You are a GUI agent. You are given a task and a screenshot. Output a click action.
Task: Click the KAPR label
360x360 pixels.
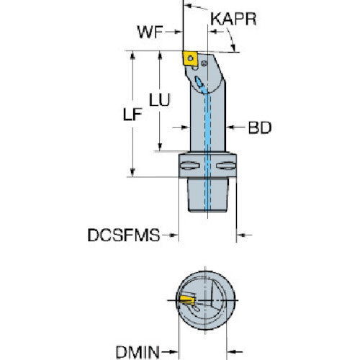click(233, 19)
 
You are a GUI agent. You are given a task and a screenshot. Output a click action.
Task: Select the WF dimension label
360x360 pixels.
click(150, 32)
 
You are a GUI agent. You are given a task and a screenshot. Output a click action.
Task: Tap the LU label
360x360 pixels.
click(160, 99)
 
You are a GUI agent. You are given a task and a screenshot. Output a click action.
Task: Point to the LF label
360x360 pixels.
click(132, 114)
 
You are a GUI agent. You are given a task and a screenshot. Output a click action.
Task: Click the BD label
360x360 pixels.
click(260, 127)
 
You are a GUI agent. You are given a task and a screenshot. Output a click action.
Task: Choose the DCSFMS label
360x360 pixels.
click(124, 235)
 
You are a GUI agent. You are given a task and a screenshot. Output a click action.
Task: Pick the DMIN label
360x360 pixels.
click(138, 352)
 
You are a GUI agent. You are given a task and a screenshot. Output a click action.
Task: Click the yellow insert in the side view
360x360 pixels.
click(190, 58)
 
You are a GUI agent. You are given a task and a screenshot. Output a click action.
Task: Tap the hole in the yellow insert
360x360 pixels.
click(190, 58)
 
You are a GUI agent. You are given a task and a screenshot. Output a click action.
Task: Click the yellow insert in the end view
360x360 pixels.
click(187, 300)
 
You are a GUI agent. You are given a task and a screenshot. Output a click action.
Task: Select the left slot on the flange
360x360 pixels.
click(190, 166)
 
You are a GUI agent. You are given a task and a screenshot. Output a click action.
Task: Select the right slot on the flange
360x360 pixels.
click(226, 166)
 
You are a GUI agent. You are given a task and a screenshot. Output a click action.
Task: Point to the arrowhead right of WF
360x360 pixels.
click(178, 32)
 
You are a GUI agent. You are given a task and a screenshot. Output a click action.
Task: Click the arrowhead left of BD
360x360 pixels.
click(231, 127)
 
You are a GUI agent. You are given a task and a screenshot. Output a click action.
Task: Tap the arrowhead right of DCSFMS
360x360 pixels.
click(174, 235)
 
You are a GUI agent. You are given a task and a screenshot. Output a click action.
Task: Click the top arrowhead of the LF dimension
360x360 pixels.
click(132, 55)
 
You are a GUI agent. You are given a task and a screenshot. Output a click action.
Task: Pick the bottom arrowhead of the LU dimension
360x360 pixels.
click(160, 146)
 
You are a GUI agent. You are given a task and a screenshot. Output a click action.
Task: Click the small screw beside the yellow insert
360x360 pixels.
click(204, 63)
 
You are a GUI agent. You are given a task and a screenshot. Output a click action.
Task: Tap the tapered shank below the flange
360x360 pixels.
click(207, 194)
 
